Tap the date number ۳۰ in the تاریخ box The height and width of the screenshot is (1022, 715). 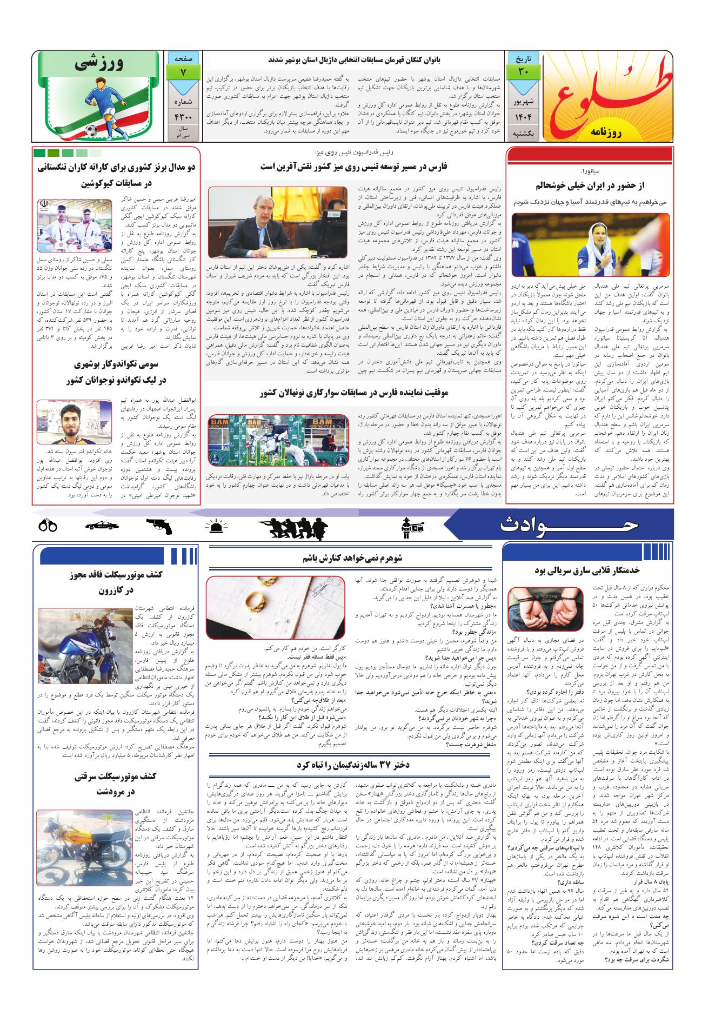(x=523, y=71)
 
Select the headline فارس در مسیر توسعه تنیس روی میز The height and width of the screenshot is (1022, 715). (x=353, y=167)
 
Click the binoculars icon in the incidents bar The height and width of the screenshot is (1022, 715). (x=49, y=526)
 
